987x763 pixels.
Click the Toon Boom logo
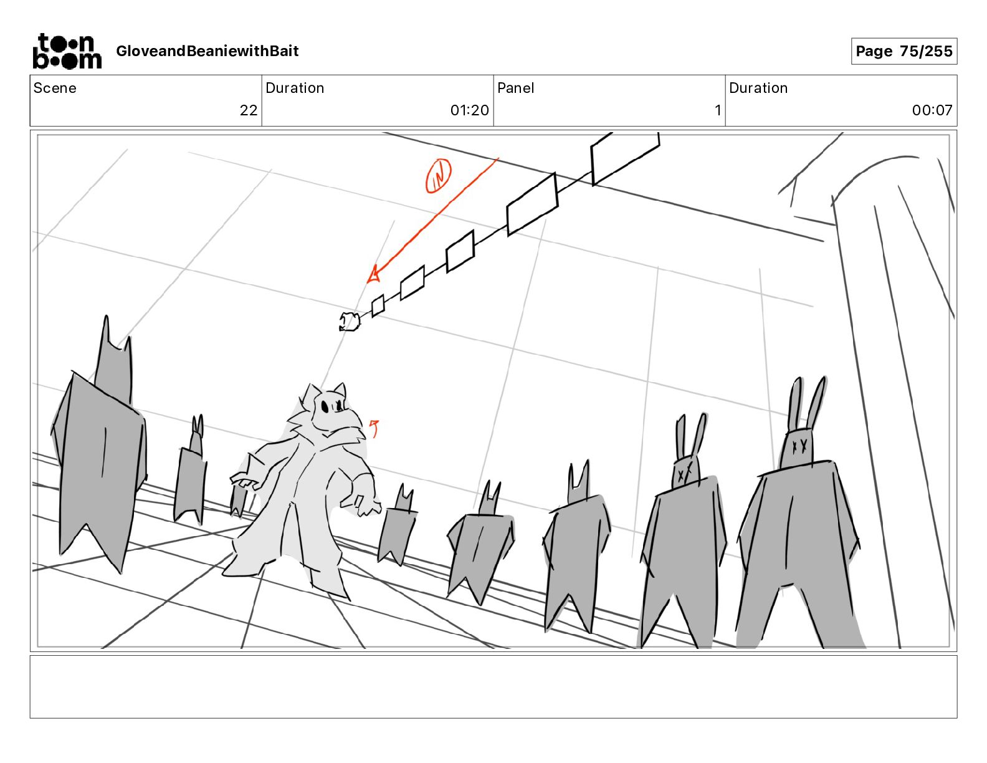tap(67, 51)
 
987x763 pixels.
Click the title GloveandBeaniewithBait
tap(207, 51)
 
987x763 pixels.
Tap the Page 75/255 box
tap(904, 51)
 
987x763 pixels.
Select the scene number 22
tap(249, 110)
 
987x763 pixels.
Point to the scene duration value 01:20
tap(470, 110)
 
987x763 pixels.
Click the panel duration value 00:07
tap(932, 110)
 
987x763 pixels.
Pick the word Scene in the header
tap(55, 88)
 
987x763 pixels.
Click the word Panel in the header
tap(515, 88)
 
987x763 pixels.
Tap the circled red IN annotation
tap(438, 176)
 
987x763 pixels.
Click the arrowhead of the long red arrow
tap(373, 276)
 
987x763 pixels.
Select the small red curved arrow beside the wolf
tap(374, 428)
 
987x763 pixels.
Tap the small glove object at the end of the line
tap(350, 321)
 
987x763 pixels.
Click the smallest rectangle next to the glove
tap(378, 305)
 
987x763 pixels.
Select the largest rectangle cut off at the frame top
tap(625, 158)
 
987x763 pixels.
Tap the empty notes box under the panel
tap(493, 687)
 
